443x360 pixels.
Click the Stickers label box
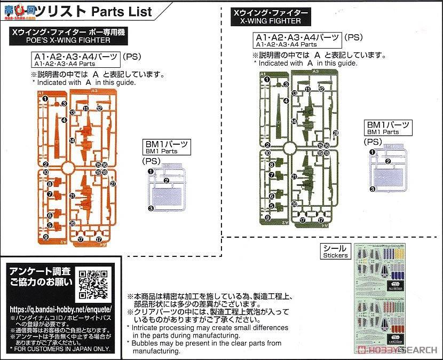(335, 252)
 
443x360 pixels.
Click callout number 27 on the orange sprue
(113, 184)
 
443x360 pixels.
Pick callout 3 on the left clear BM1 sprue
(151, 209)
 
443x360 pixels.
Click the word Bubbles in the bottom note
(144, 343)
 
